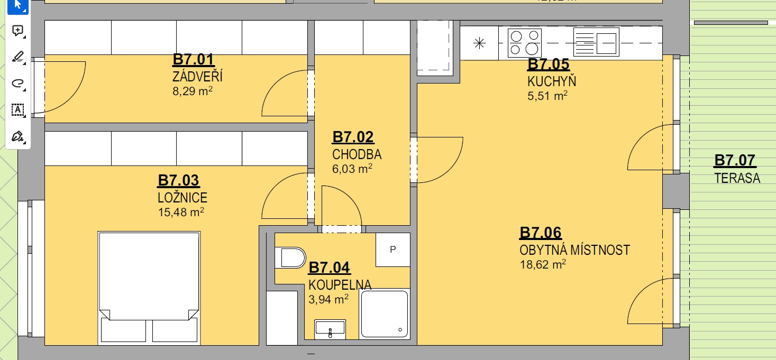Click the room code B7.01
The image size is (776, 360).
(193, 59)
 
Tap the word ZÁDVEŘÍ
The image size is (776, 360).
(197, 77)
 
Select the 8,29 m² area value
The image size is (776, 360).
(192, 91)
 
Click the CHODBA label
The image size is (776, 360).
(357, 154)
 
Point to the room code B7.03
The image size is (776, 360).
(178, 180)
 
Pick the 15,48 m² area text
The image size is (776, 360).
(181, 212)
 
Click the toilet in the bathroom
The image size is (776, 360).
(290, 257)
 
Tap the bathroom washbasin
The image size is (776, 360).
(330, 329)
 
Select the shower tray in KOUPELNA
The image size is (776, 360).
(385, 314)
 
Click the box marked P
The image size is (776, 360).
(393, 250)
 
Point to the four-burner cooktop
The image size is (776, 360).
(525, 43)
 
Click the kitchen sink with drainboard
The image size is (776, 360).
(596, 42)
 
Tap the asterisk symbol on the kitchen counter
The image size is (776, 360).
(479, 43)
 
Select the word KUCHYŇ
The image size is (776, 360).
(552, 81)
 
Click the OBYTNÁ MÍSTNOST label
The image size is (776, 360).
(574, 250)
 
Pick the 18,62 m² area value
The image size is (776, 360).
(543, 264)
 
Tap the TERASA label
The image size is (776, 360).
(737, 178)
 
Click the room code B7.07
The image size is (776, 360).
(735, 160)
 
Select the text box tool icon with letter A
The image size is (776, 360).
(17, 110)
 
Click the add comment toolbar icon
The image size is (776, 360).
(17, 31)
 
